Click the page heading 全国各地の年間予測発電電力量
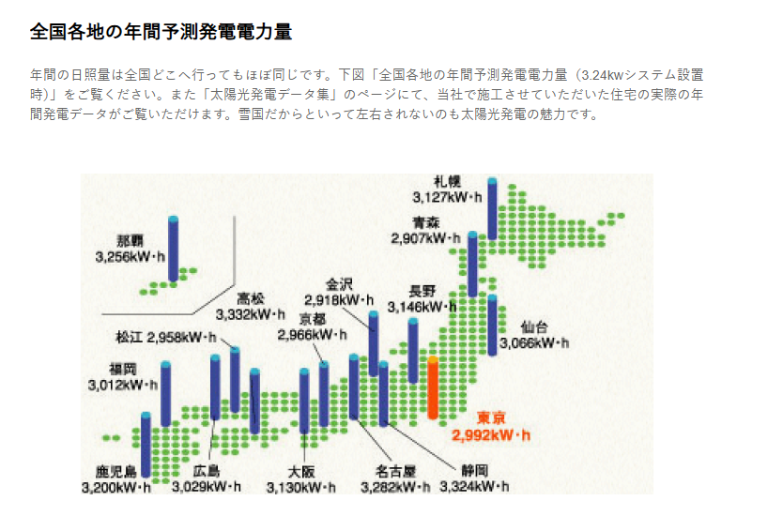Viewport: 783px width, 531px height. (161, 31)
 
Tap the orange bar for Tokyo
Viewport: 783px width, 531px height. (433, 387)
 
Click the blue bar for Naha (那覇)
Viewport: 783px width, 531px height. (173, 249)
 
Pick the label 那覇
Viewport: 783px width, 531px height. (132, 239)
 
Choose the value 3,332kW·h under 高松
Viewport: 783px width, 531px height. (251, 314)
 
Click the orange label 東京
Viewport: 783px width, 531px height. (492, 417)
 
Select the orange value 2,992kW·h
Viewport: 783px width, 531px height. (491, 434)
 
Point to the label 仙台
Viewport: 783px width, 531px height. (534, 327)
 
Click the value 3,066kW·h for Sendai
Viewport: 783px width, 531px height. (534, 343)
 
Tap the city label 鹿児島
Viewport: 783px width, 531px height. (115, 471)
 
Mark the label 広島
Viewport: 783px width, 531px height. (207, 471)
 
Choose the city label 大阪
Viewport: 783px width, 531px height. (301, 471)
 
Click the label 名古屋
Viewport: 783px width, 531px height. (395, 471)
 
